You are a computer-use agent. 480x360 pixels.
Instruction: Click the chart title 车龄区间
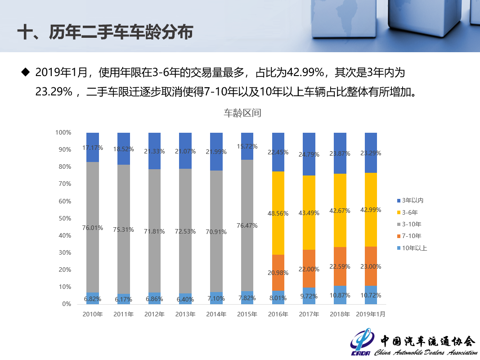coord(242,113)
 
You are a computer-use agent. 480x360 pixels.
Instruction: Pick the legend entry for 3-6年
coord(409,212)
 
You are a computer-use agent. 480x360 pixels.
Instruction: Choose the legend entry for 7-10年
coord(411,236)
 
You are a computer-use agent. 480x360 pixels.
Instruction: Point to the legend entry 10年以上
coord(414,247)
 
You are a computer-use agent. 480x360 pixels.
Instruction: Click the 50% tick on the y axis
coord(63,218)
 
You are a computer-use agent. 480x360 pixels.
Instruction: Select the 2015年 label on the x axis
coord(247,314)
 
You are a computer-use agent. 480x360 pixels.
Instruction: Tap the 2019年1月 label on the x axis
coord(371,314)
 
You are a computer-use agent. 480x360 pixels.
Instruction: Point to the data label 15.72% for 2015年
coord(247,147)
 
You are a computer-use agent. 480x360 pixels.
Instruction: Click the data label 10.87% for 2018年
coord(340,295)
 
